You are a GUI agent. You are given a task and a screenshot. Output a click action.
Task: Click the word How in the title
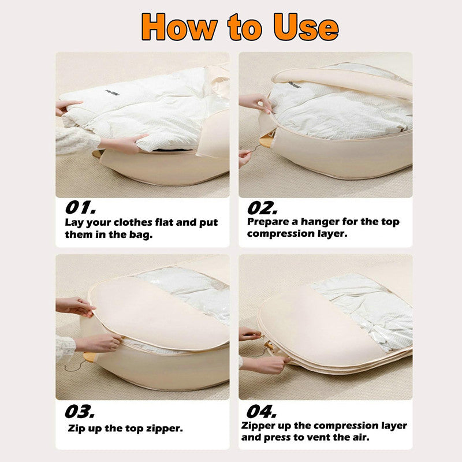pyautogui.click(x=180, y=27)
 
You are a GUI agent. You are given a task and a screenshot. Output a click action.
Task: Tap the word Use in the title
pyautogui.click(x=306, y=27)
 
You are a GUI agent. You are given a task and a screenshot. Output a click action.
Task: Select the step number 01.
pyautogui.click(x=80, y=207)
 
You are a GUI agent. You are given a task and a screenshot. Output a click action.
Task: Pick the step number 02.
pyautogui.click(x=262, y=208)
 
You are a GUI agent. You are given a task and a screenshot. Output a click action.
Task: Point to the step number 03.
pyautogui.click(x=80, y=411)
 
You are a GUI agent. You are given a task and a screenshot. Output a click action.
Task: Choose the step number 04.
pyautogui.click(x=262, y=411)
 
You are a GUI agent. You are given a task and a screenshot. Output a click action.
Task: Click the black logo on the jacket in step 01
pyautogui.click(x=113, y=92)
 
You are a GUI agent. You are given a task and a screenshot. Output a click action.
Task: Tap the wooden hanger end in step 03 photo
pyautogui.click(x=89, y=357)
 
